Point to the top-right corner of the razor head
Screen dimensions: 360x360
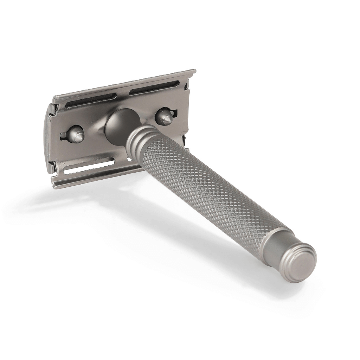[x=194, y=71]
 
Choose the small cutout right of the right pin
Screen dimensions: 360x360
[x=175, y=114]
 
